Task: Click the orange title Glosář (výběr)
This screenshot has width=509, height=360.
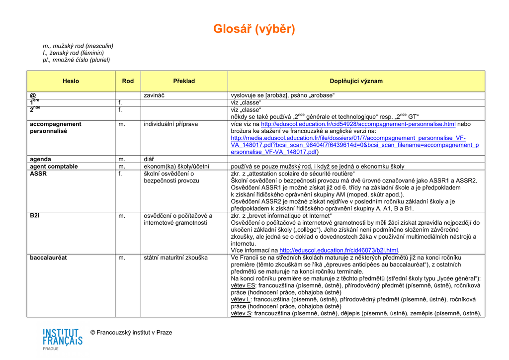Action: click(254, 29)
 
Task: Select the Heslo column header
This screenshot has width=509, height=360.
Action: click(71, 81)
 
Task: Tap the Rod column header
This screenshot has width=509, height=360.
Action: click(128, 81)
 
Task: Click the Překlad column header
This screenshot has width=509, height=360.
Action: click(184, 81)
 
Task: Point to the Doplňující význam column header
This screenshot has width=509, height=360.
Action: click(356, 81)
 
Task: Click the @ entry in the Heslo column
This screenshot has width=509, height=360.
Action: click(33, 95)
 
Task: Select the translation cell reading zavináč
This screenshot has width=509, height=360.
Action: click(154, 95)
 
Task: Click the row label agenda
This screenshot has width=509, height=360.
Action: click(40, 159)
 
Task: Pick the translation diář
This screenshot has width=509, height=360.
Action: click(149, 159)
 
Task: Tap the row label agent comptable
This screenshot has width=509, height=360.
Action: click(54, 167)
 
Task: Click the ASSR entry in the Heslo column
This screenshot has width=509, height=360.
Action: click(38, 174)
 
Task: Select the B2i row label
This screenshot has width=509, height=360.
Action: click(35, 216)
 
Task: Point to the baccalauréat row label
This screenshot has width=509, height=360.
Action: click(48, 258)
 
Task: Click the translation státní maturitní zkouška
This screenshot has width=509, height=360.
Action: click(175, 258)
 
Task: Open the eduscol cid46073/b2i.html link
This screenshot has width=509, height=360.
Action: click(339, 251)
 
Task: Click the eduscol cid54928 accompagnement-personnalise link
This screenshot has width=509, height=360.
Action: click(358, 124)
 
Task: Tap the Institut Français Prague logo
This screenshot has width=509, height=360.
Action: click(63, 339)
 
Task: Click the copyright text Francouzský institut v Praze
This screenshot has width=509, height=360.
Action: click(131, 332)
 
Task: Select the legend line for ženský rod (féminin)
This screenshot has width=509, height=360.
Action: click(73, 53)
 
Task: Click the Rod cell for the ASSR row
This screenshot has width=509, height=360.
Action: click(120, 174)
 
